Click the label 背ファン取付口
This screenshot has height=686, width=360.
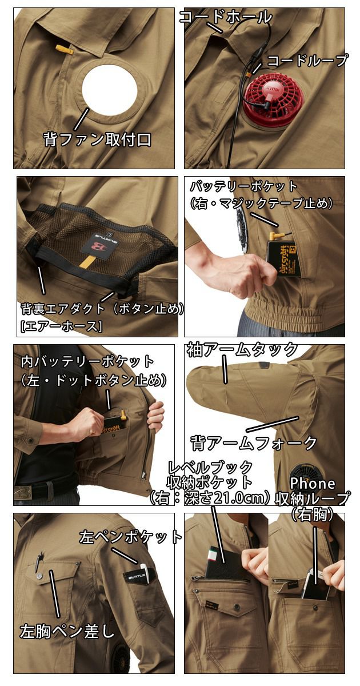pos(98,139)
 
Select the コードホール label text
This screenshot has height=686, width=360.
pos(226,17)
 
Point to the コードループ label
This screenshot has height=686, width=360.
pos(307,61)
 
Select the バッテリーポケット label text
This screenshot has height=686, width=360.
pos(244,186)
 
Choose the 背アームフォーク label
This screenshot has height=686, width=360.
pos(253,442)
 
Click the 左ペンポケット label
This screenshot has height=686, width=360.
pos(130,537)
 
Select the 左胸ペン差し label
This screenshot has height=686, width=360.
pos(67,631)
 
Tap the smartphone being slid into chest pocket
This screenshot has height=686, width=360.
pos(316,584)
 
